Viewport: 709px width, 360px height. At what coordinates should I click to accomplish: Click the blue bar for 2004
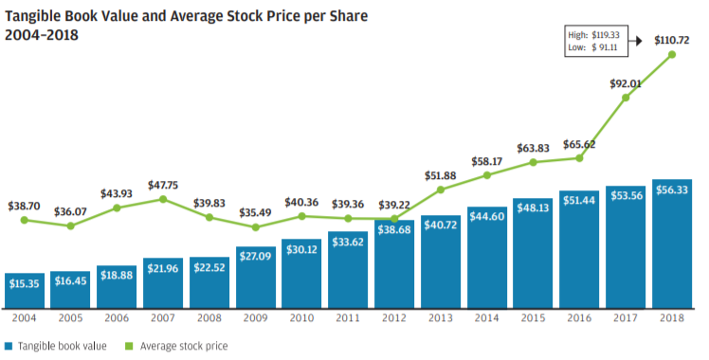coord(25,291)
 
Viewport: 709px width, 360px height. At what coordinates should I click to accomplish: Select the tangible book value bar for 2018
coord(672,243)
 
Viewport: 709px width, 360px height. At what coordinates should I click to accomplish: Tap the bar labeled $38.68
coord(394,264)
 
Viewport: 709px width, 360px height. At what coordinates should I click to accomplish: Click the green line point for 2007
coord(163,199)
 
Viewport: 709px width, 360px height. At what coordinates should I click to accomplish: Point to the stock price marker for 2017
coord(626,98)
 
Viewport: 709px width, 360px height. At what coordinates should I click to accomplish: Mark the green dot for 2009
coord(256,227)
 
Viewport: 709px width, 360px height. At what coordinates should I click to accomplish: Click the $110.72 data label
coord(672,40)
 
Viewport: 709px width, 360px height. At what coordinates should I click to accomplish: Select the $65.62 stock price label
coord(579,145)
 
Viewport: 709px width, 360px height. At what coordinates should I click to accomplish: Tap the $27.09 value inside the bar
coord(256,257)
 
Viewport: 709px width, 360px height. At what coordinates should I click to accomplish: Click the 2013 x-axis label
coord(441,318)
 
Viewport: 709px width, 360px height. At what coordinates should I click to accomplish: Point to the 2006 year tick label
coord(117,318)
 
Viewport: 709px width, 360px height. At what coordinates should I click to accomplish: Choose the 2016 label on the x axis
coord(579,318)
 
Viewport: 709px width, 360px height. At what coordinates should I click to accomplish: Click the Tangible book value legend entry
coord(56,347)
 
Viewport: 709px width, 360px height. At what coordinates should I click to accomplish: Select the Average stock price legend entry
coord(177,347)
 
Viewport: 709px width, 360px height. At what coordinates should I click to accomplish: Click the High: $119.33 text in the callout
coord(593,35)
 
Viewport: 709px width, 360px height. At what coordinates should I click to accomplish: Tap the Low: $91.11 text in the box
coord(592,47)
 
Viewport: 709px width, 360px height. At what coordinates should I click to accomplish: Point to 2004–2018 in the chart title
coord(42,35)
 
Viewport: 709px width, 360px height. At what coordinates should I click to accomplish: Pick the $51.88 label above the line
coord(441,175)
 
